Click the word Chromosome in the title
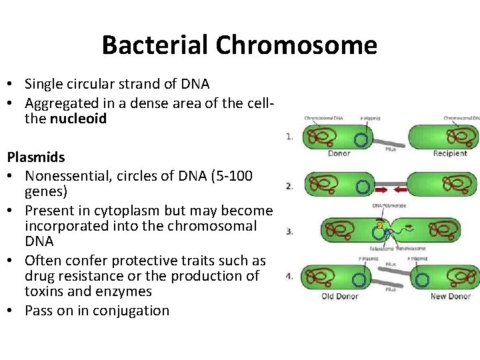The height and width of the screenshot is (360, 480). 296,45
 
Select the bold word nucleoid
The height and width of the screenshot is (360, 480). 78,119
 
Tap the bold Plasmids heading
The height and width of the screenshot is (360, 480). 36,157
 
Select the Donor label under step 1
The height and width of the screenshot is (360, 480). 339,154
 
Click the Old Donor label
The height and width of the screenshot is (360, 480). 341,296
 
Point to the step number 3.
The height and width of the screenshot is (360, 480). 289,231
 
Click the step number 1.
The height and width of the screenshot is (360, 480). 289,137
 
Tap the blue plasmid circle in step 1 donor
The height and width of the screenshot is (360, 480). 361,140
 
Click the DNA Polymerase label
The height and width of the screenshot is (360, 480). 389,205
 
